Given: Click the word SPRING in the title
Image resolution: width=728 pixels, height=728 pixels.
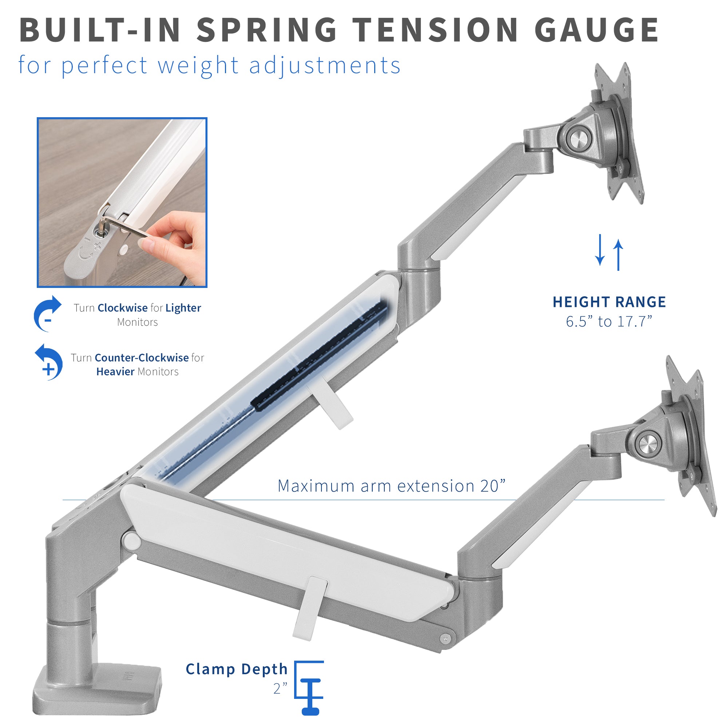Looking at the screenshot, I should [x=266, y=30].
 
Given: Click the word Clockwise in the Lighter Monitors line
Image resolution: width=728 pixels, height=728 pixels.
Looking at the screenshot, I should [x=122, y=308].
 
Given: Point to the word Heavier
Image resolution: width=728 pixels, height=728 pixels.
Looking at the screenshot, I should [x=115, y=372].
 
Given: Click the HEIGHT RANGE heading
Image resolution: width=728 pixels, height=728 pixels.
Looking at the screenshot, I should [x=609, y=302].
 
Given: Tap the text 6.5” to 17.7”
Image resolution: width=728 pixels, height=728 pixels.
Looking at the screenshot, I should [x=609, y=321].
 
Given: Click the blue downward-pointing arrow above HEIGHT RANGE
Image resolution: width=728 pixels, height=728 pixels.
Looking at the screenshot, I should [x=600, y=250].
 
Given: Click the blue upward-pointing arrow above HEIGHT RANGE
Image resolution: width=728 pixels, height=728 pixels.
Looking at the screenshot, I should [x=618, y=255].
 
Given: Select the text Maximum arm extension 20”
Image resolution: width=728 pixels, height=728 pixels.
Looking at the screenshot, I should [x=391, y=486].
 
